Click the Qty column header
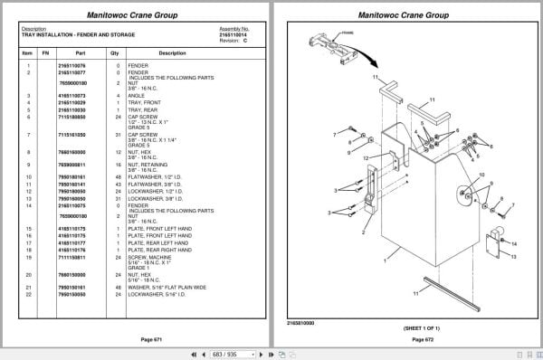(x=115, y=53)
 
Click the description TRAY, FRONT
(x=150, y=102)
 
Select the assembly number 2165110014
(x=233, y=33)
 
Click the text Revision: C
(x=233, y=39)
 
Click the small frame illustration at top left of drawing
(x=329, y=41)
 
